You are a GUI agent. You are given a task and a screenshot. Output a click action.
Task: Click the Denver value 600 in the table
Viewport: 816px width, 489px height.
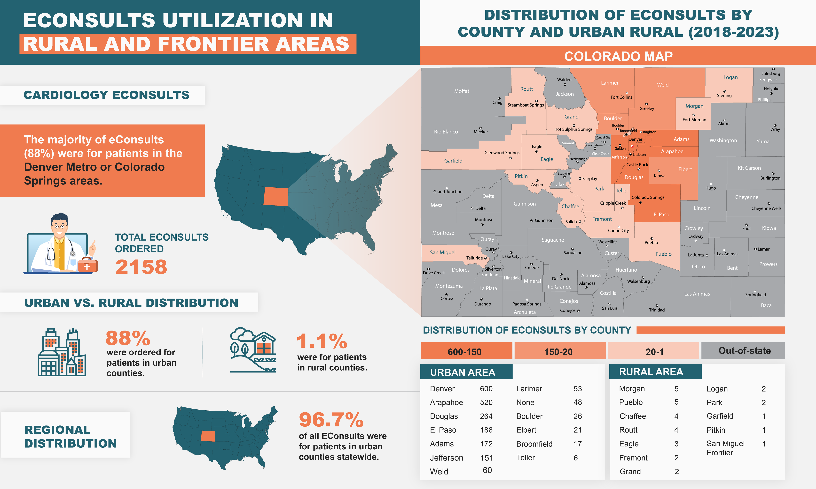click(486, 389)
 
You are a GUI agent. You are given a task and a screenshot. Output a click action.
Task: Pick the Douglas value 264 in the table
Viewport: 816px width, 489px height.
click(486, 416)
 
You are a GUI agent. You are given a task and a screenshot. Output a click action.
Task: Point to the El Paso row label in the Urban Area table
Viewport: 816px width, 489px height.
click(443, 430)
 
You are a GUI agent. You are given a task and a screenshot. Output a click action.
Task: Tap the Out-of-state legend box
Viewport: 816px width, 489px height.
click(744, 351)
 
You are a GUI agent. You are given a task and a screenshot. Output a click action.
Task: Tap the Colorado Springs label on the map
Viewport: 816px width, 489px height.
click(648, 197)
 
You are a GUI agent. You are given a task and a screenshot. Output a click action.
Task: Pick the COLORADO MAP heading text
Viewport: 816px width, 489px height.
click(618, 56)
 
